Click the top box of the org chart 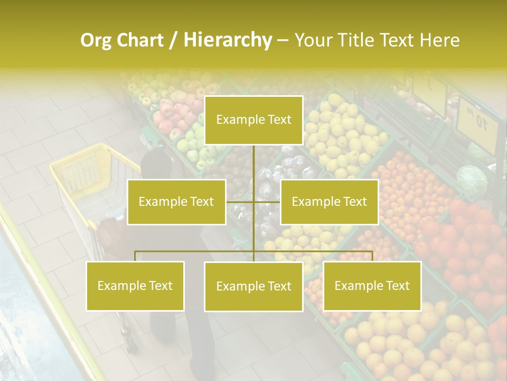point(253,120)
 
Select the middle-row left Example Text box point(176,202)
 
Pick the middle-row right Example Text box point(329,202)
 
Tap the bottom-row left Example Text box point(135,286)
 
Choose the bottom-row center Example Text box point(253,286)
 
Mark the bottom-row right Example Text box point(372,286)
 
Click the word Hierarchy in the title point(227,40)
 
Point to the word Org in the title point(96,40)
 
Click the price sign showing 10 point(477,123)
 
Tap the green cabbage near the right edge point(472,180)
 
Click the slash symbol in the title point(173,40)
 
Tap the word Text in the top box point(278,120)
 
